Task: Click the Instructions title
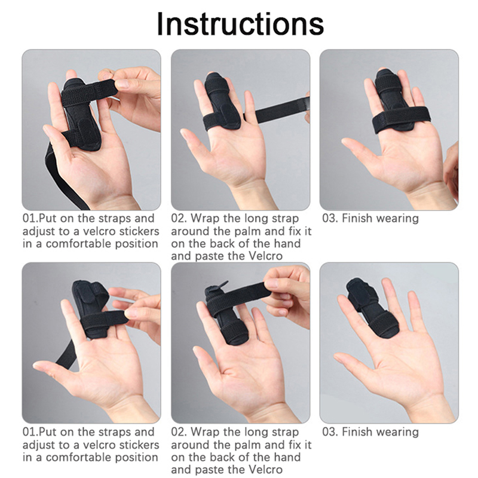tap(240, 24)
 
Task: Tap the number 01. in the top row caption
tap(31, 219)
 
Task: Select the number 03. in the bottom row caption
tap(330, 432)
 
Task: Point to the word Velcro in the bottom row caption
tap(265, 470)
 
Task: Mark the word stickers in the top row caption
tap(139, 231)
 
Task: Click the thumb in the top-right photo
tap(359, 152)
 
